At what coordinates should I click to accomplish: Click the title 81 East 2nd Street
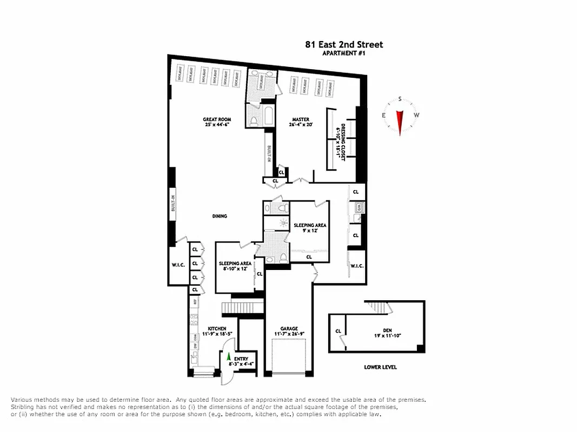344,44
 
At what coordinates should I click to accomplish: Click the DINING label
219,216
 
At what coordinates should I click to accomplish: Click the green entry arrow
228,357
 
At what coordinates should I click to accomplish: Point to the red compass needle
400,122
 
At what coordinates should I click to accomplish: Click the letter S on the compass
400,99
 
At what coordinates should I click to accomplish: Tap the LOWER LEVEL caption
380,367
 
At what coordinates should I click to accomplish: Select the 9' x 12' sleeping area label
309,227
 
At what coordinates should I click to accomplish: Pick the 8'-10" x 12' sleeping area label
235,266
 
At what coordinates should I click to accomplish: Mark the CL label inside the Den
339,331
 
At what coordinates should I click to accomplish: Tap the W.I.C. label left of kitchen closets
177,265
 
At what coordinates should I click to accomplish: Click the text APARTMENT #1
344,53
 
